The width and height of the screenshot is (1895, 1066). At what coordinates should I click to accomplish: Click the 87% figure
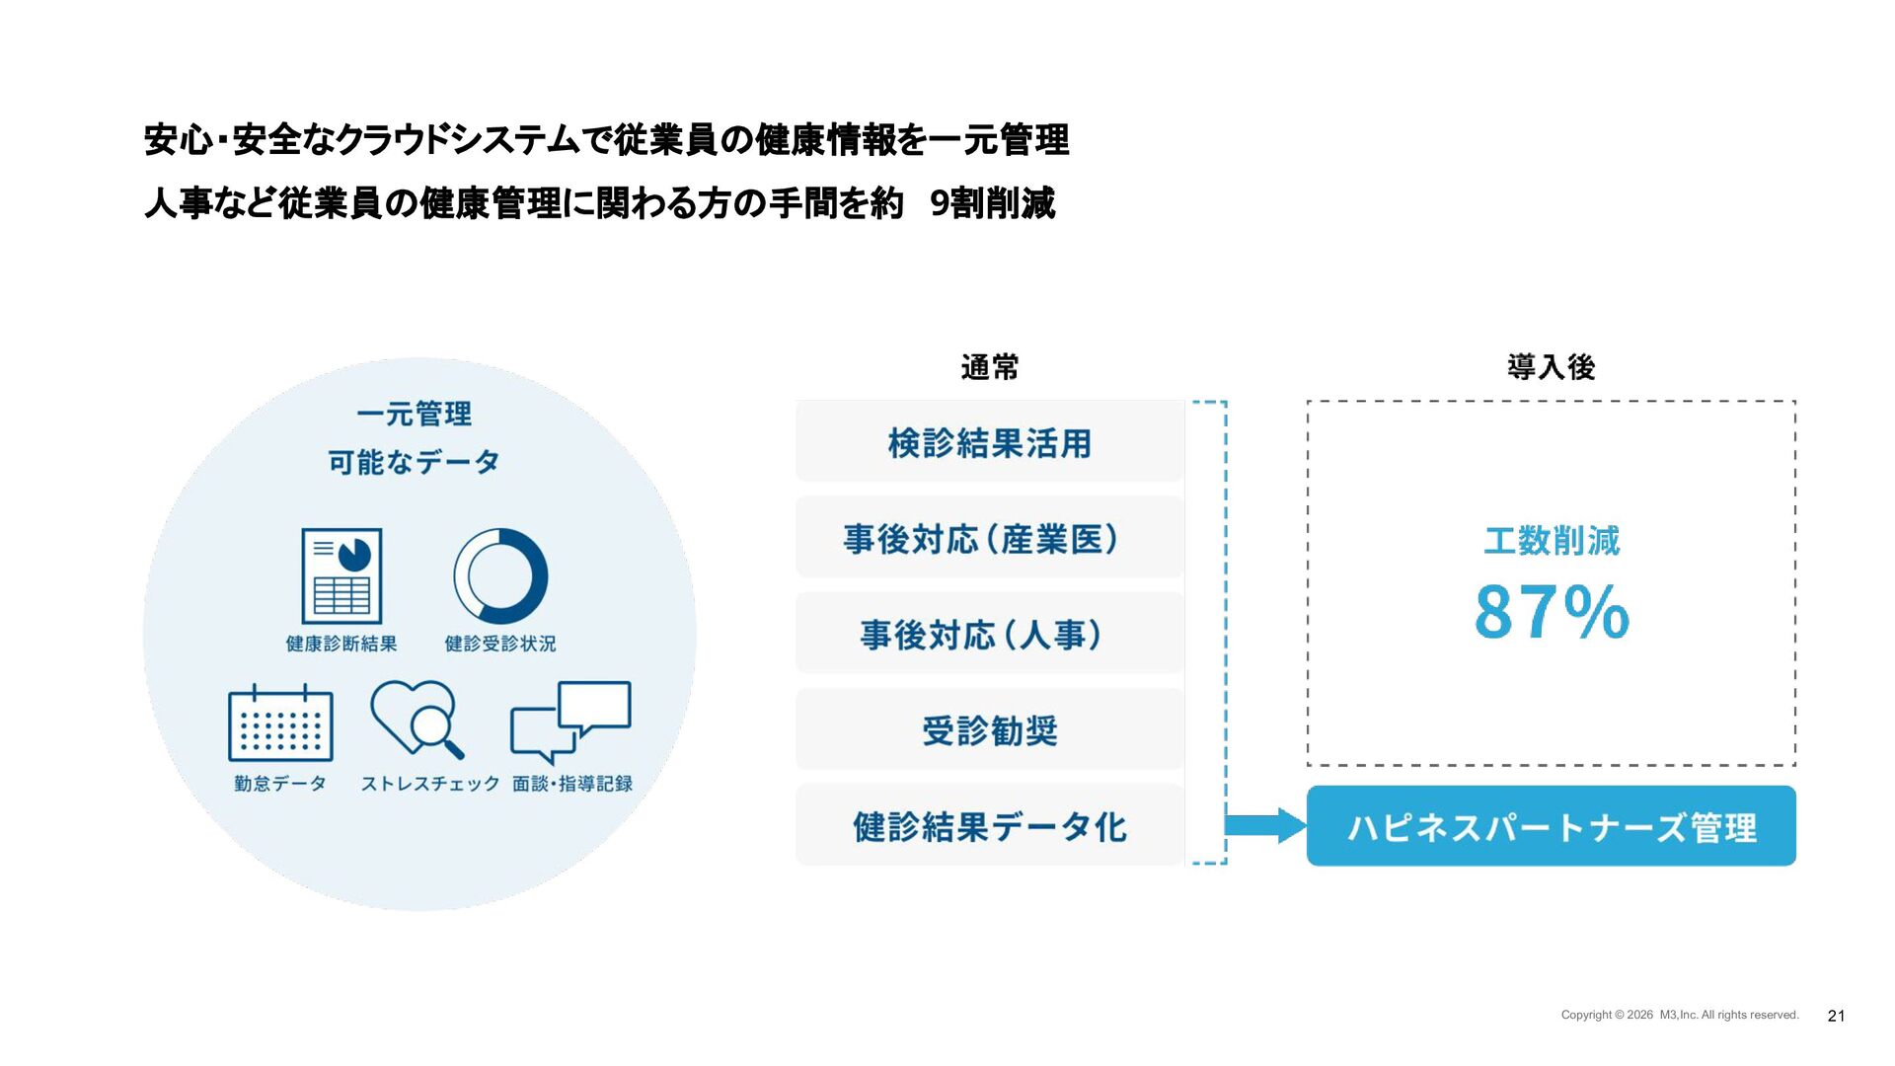pyautogui.click(x=1552, y=612)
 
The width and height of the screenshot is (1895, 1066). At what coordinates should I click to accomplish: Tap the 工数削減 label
pyautogui.click(x=1552, y=541)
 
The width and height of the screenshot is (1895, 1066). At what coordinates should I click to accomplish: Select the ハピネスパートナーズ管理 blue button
pyautogui.click(x=1551, y=826)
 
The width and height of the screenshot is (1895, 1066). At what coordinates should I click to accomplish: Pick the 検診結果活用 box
pyautogui.click(x=989, y=442)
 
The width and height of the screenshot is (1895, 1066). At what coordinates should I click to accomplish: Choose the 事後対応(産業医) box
pyautogui.click(x=989, y=538)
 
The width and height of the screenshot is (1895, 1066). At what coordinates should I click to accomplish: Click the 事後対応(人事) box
pyautogui.click(x=989, y=634)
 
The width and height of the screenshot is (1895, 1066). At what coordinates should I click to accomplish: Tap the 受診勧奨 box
pyautogui.click(x=989, y=730)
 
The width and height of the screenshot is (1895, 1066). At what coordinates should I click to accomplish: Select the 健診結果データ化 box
pyautogui.click(x=989, y=826)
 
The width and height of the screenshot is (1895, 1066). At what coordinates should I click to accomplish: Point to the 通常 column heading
pyautogui.click(x=989, y=367)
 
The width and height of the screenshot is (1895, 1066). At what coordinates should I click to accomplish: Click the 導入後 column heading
pyautogui.click(x=1551, y=367)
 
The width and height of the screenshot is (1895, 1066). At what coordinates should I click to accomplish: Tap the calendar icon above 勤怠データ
pyautogui.click(x=280, y=723)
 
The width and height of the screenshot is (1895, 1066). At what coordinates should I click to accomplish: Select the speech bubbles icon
pyautogui.click(x=570, y=721)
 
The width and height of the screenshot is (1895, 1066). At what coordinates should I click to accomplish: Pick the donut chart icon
pyautogui.click(x=500, y=576)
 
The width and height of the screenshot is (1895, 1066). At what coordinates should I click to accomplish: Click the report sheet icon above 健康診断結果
pyautogui.click(x=341, y=576)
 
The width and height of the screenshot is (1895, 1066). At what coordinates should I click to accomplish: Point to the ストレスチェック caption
pyautogui.click(x=429, y=784)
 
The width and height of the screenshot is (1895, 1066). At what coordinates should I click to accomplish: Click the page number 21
pyautogui.click(x=1836, y=1016)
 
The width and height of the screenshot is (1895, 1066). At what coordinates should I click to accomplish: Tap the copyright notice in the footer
pyautogui.click(x=1679, y=1015)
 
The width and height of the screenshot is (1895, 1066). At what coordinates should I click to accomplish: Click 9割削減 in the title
pyautogui.click(x=992, y=203)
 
